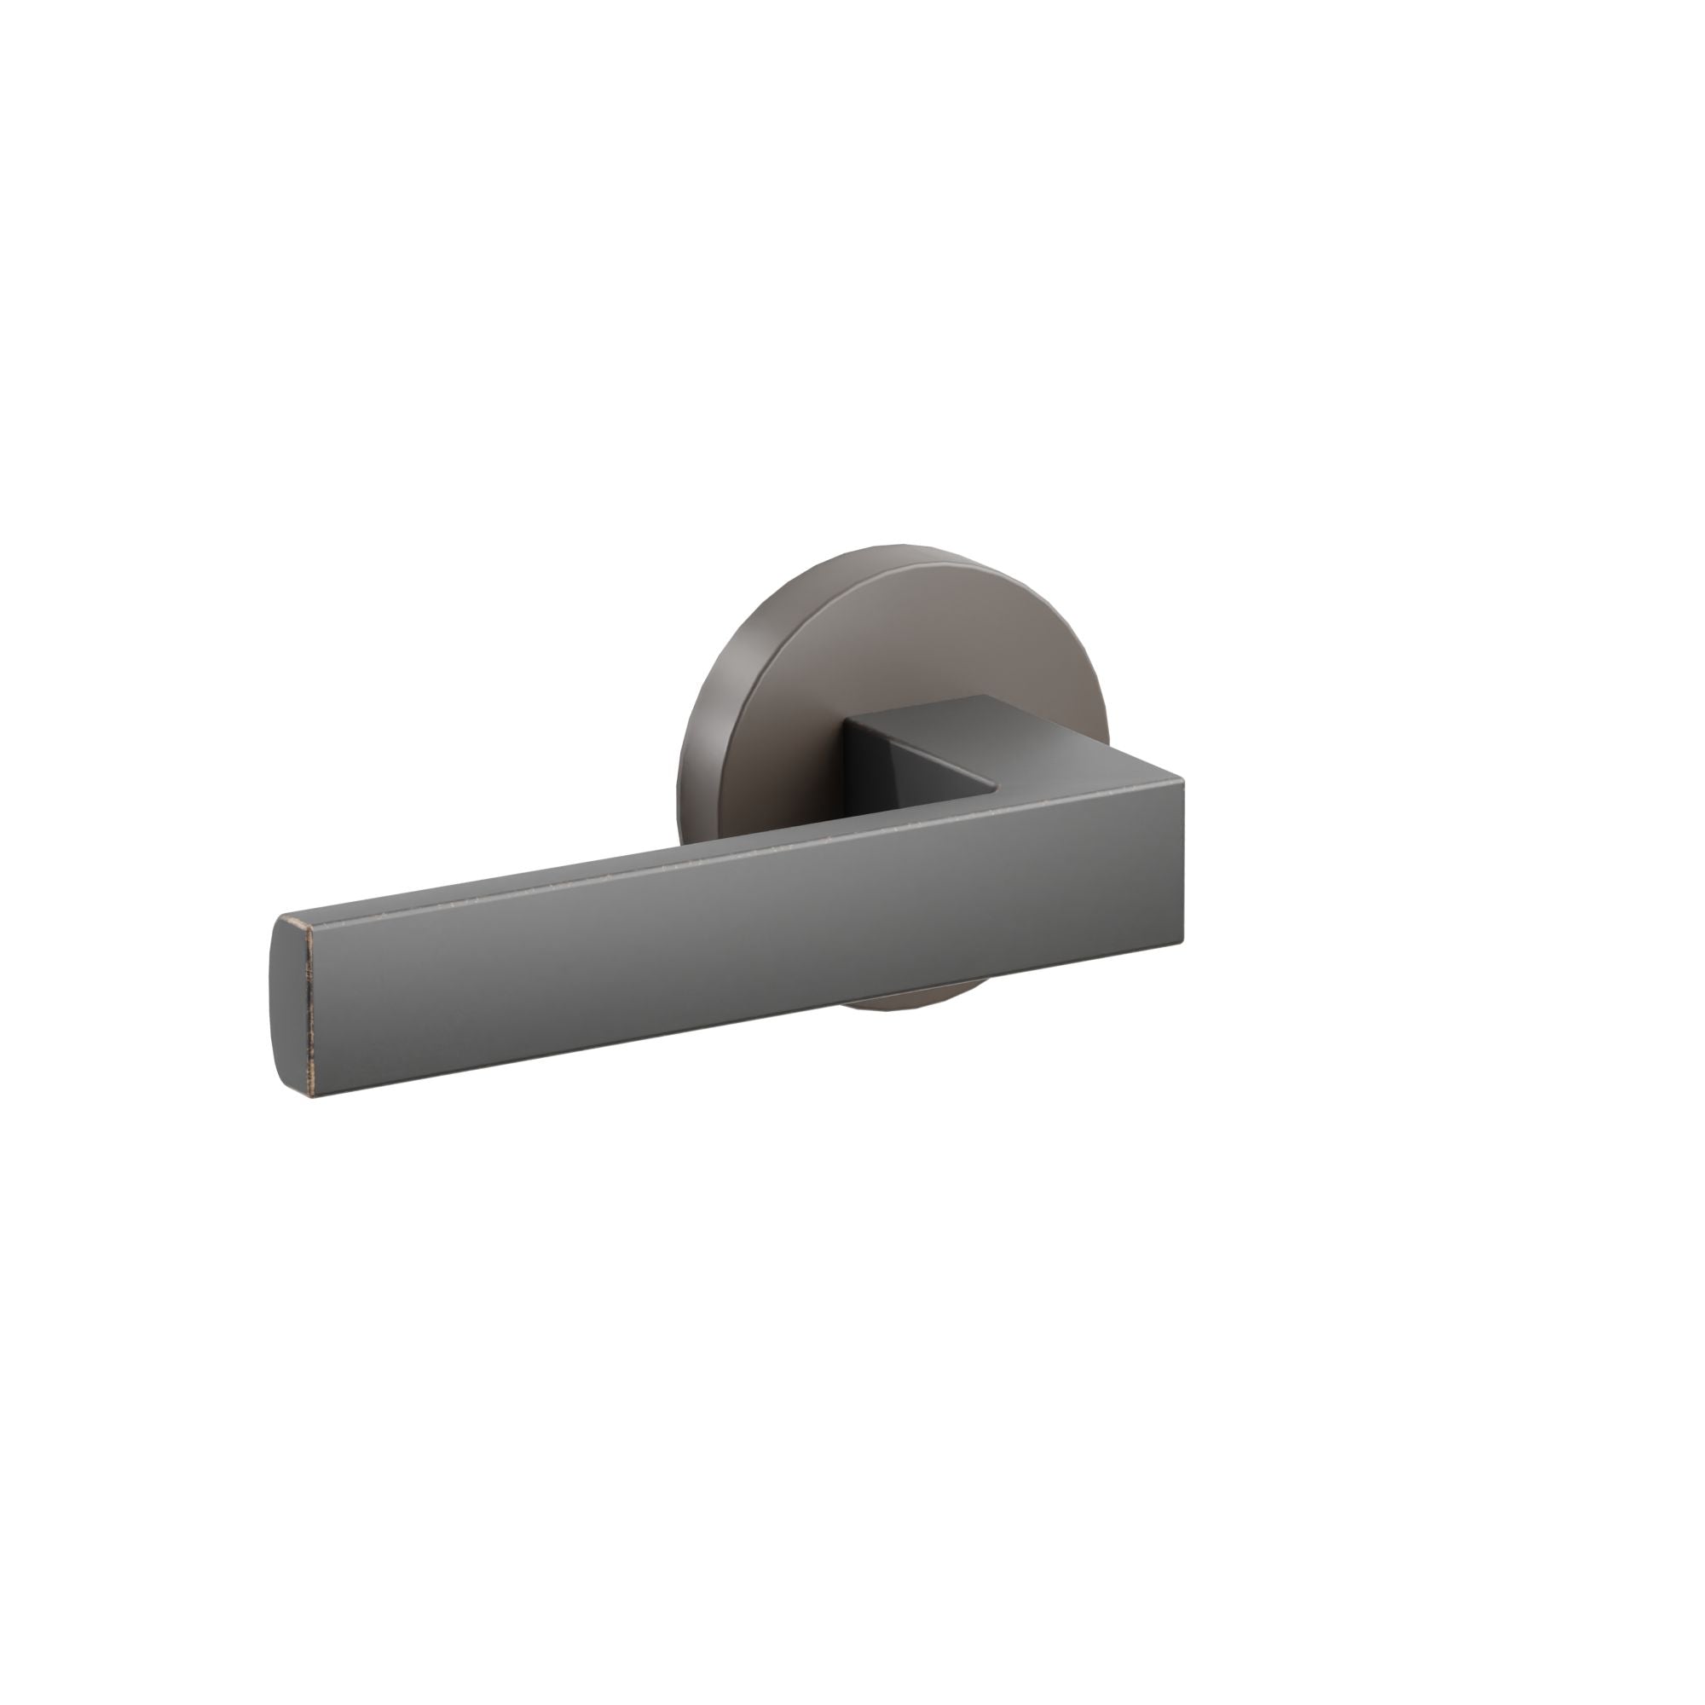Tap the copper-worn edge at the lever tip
308,1006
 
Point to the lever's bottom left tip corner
308,1099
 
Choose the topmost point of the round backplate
892,545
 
